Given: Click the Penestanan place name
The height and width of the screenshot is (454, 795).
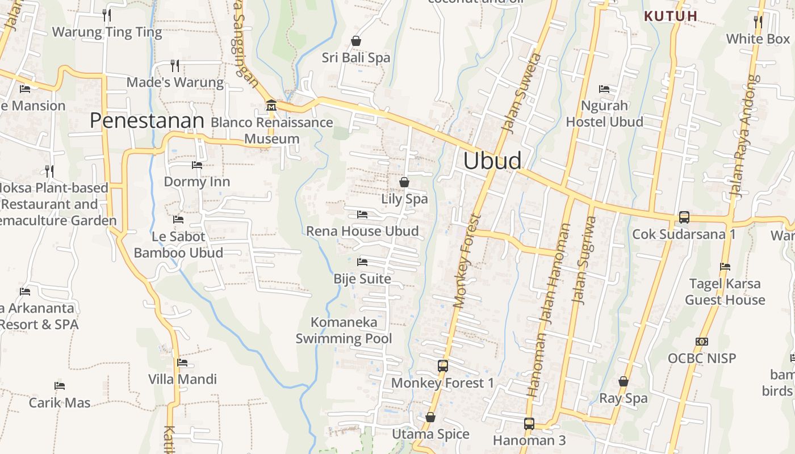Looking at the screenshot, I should pos(147,121).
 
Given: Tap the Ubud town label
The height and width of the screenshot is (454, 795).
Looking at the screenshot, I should pos(492,161).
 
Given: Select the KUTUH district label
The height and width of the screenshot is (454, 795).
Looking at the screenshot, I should pos(671,16).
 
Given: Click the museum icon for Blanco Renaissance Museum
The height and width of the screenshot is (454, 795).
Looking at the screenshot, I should pos(271,106).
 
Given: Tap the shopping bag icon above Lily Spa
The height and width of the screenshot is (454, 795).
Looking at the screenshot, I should pos(404,182).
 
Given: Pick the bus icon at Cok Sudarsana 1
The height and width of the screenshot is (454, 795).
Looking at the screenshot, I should pos(684,217).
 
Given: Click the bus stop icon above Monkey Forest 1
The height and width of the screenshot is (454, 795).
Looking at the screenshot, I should pos(443,366).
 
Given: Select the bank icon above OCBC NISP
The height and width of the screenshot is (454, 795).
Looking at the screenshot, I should pos(702,342).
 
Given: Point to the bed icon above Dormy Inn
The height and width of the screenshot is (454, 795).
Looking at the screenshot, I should pos(197,165).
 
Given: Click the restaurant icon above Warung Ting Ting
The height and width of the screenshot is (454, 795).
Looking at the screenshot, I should pos(107,15).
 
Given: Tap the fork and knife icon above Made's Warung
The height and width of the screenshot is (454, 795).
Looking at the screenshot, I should pos(175,66).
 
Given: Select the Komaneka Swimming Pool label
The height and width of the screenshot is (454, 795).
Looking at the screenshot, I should pos(344,330).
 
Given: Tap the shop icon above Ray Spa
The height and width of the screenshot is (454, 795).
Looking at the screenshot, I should pos(624,381).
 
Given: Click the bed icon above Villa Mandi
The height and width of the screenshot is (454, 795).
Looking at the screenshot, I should pos(182,363).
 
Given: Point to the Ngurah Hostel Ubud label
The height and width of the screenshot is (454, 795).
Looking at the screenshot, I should pos(604,113).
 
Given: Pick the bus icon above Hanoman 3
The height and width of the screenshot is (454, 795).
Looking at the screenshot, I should pos(529,423).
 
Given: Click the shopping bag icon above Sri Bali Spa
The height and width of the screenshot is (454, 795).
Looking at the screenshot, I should pos(356,41).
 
